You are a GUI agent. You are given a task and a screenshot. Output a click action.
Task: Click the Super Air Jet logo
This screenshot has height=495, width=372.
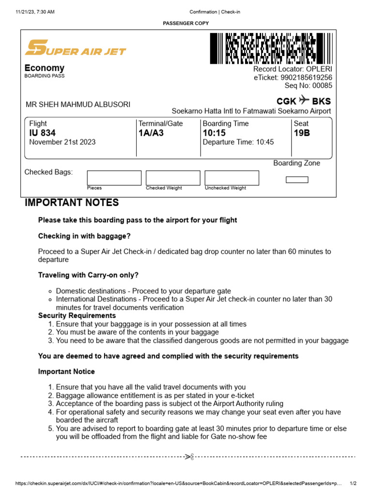tap(75, 48)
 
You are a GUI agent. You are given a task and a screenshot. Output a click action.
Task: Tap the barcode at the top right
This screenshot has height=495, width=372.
tap(272, 48)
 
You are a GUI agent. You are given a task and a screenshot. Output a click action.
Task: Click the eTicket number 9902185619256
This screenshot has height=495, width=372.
tap(306, 77)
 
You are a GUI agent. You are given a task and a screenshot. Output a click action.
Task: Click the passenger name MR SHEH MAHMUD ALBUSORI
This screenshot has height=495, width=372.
tap(77, 104)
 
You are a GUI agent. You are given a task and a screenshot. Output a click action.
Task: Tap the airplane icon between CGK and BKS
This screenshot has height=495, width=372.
tap(304, 101)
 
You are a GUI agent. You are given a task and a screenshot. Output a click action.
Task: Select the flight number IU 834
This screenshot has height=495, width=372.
tap(42, 133)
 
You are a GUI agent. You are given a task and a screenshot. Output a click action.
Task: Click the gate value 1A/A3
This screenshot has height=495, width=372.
tap(151, 133)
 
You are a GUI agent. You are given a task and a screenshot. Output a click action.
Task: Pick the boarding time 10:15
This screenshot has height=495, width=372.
tap(214, 133)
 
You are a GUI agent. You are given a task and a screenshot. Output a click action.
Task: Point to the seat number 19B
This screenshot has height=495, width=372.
tap(302, 133)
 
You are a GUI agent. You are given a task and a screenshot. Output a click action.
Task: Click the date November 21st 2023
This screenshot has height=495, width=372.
tap(62, 142)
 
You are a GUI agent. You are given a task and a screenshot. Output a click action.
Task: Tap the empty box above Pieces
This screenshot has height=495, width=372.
tap(114, 177)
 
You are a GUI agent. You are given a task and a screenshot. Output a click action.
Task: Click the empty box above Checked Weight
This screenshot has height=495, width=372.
tap(173, 177)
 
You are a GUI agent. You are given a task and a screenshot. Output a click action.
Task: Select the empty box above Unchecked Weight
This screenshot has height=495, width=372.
tap(232, 177)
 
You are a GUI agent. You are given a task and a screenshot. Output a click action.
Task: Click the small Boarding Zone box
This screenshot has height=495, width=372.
tap(297, 180)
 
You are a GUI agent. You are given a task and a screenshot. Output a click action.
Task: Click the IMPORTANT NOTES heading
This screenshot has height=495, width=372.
tap(72, 203)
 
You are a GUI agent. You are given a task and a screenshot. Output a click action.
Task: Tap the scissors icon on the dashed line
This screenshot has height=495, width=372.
tap(189, 456)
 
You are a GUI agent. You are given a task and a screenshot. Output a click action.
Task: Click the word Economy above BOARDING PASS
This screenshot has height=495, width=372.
tap(44, 68)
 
